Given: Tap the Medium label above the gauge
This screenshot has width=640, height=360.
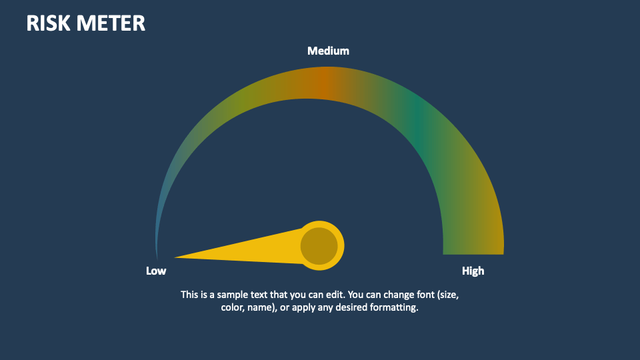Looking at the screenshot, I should (x=328, y=51).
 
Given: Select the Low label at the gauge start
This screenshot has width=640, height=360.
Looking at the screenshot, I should (x=156, y=271).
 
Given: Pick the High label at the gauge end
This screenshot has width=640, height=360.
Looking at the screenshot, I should (x=473, y=271).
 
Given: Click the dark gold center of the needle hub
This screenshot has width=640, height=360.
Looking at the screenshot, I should (x=319, y=246).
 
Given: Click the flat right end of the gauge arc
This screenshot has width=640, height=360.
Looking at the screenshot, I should (x=473, y=252).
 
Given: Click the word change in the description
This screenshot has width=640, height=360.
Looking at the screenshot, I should (x=386, y=294).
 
